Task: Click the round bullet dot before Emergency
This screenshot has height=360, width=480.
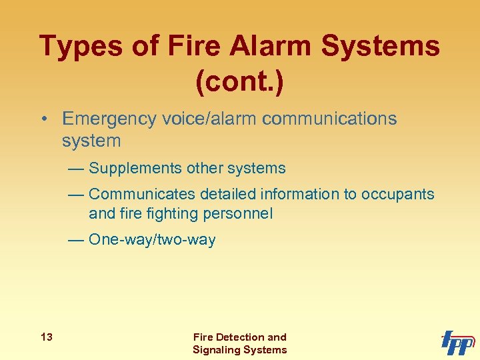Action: [x=43, y=120]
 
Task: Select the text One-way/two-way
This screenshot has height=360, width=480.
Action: [x=151, y=240]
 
